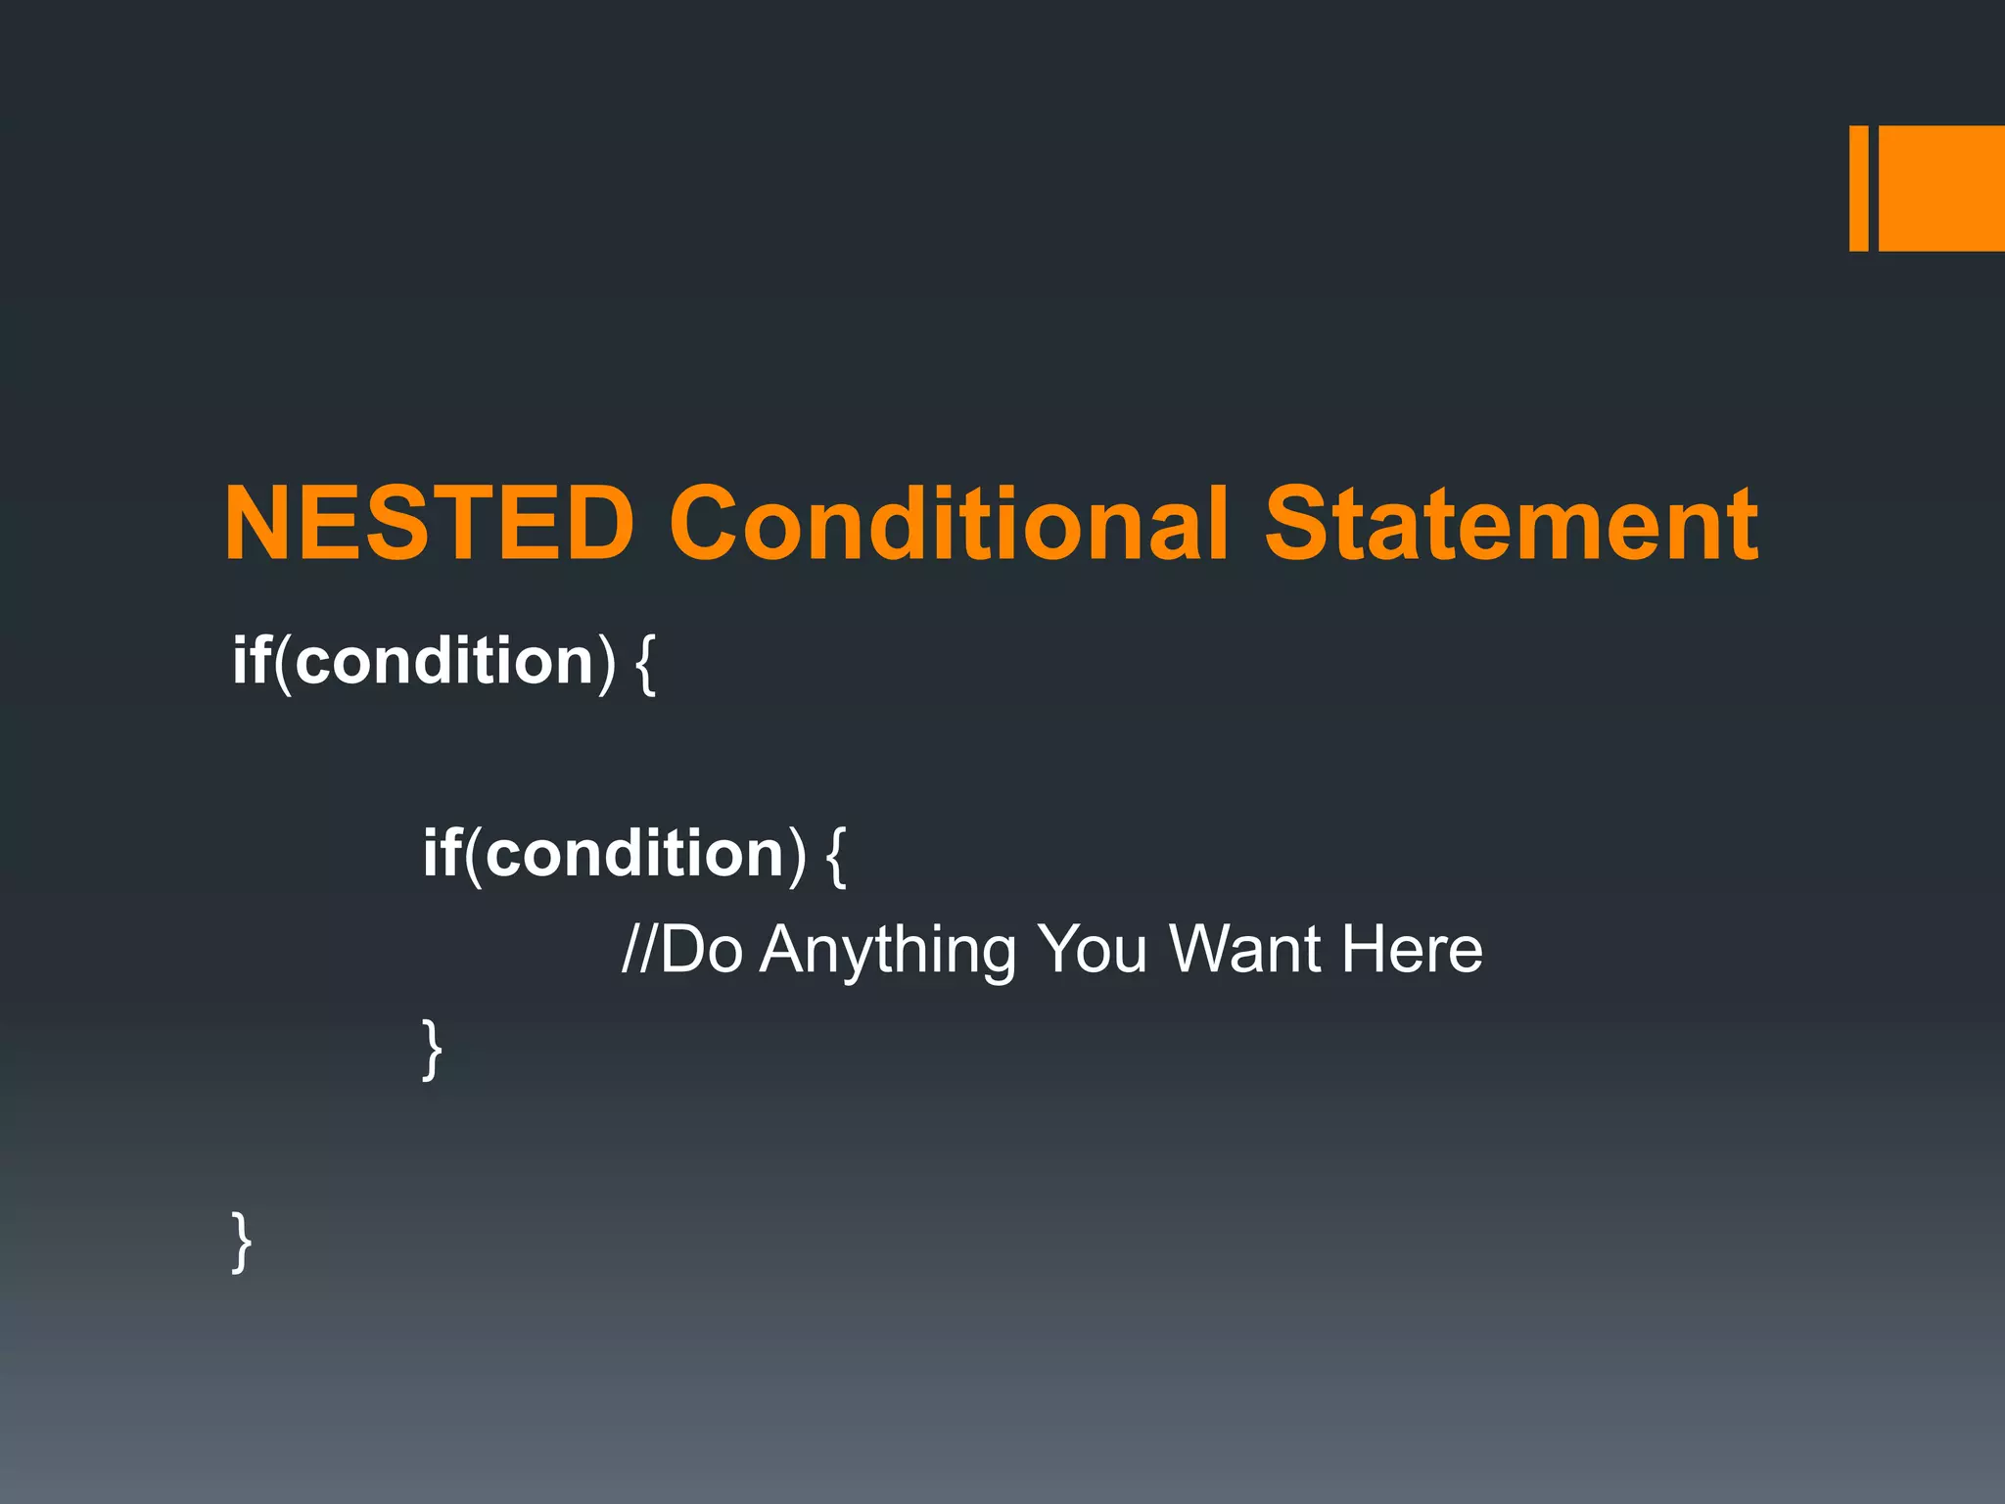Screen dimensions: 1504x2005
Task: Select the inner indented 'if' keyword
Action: coord(442,852)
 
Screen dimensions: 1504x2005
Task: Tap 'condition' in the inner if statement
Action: coord(634,852)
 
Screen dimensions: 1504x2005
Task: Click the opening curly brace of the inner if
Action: coord(836,856)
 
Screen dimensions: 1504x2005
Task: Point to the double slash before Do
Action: coord(640,950)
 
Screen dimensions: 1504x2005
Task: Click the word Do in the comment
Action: coord(702,950)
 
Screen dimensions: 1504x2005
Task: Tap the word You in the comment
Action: coord(1092,950)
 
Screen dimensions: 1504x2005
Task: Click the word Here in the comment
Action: coord(1412,950)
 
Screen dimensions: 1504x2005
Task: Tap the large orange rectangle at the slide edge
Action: coord(1941,188)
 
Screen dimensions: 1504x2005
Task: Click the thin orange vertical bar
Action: coord(1858,188)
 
